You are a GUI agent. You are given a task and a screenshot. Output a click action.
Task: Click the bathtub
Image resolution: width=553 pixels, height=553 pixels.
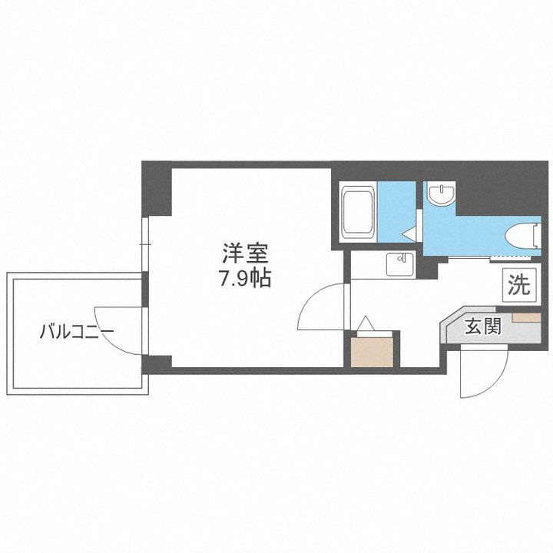pos(357,212)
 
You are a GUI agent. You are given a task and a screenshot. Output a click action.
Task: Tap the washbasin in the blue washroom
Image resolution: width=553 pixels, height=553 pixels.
pos(442,196)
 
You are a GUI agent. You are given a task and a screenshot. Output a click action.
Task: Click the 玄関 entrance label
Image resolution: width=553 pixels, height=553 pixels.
pos(482,328)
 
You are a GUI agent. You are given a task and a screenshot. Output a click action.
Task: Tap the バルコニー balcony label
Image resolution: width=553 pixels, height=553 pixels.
pos(77,333)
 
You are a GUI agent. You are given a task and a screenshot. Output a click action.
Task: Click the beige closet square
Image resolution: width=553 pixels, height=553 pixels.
pos(374,351)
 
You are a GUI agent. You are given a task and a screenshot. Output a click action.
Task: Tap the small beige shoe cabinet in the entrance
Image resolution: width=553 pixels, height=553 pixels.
pos(526,316)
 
